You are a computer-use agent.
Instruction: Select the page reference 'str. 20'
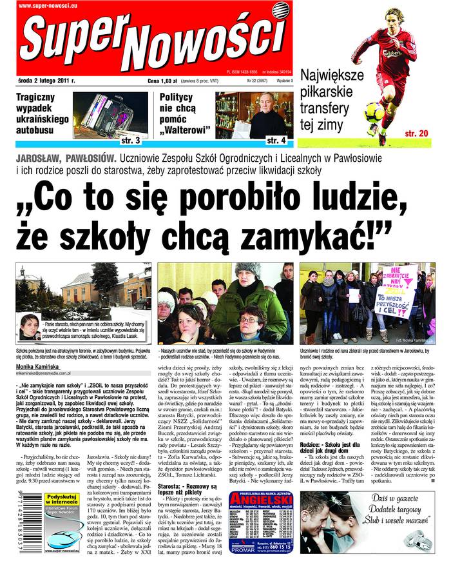(416, 133)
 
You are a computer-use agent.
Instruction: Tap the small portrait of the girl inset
(30, 323)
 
